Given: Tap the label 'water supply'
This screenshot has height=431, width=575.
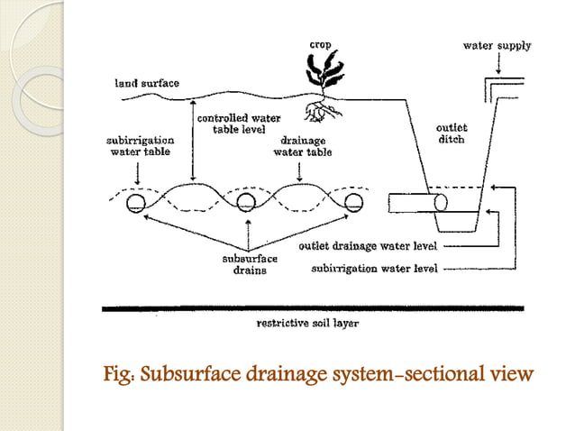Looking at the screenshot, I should tap(497, 45).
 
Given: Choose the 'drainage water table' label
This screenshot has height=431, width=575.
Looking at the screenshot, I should tap(302, 147).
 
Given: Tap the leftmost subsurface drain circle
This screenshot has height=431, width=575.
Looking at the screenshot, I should tap(137, 201).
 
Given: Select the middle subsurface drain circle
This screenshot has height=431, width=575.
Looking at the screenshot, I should tap(246, 201).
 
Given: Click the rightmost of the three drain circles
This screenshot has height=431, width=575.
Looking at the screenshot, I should tap(354, 201).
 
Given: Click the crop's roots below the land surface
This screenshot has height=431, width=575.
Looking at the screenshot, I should tap(317, 111).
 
